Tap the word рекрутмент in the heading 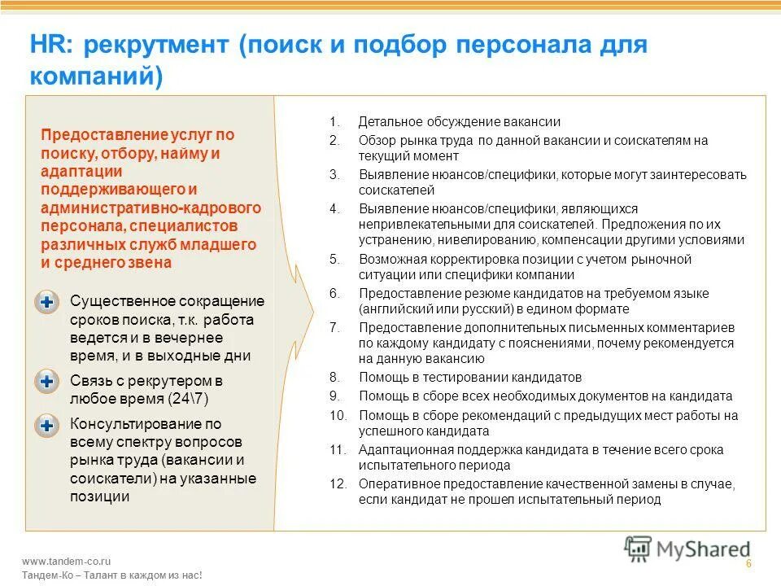(155, 45)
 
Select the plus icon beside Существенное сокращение (47, 302)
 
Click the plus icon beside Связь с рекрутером (47, 381)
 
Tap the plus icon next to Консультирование (47, 424)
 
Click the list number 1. (333, 122)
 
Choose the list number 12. (336, 484)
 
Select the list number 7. (333, 327)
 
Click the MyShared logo (687, 548)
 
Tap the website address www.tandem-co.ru (67, 561)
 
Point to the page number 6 (748, 565)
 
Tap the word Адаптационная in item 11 (399, 449)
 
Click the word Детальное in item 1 (386, 122)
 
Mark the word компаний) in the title (97, 77)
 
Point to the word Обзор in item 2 (375, 140)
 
